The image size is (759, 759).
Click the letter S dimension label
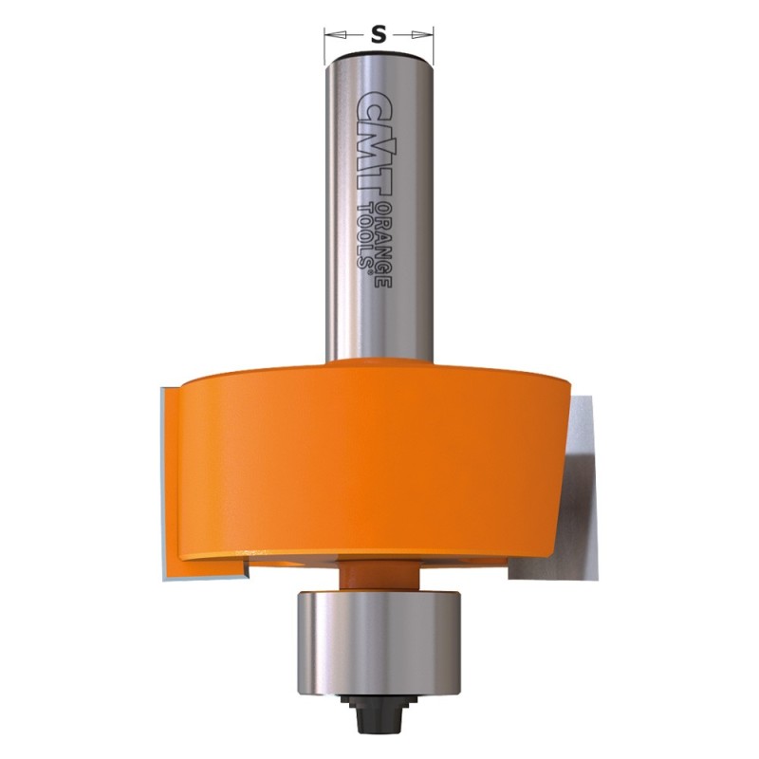pos(379,34)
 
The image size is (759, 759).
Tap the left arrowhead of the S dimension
pos(335,35)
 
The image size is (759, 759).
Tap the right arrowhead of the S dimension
pos(422,35)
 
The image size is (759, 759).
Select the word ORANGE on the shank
pos(384,245)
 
